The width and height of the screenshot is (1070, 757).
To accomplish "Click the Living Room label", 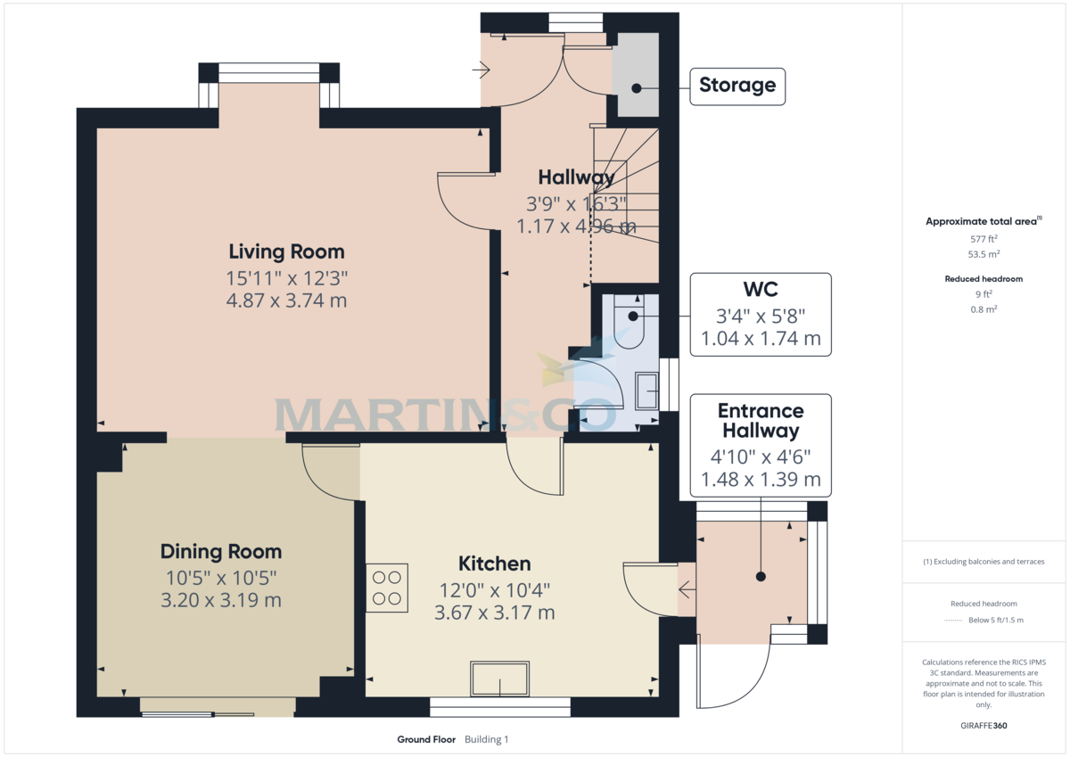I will point(286,251).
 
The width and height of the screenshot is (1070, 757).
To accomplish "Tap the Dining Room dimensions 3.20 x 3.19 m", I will point(220,600).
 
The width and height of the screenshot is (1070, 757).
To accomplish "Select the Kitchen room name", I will point(494,564).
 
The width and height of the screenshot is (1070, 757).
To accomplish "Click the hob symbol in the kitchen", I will point(387,588).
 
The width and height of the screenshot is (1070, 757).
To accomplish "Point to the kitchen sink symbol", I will point(499,679).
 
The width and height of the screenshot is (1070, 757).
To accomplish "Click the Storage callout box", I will point(737,86).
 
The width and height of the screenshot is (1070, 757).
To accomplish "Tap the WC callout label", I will point(760,289).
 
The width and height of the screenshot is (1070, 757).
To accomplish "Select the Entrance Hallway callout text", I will point(761,421).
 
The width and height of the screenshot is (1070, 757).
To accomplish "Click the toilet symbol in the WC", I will point(631,325).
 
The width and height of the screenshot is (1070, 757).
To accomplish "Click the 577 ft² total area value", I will point(984,239).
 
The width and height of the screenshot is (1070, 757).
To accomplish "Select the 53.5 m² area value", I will point(984,253).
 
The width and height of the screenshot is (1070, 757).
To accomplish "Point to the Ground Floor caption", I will point(426,739).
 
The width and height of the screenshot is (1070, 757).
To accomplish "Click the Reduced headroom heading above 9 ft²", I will point(984,279).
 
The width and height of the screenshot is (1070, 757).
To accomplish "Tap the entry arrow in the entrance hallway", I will point(687,588).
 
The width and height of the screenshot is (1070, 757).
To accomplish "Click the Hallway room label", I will point(576,177).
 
